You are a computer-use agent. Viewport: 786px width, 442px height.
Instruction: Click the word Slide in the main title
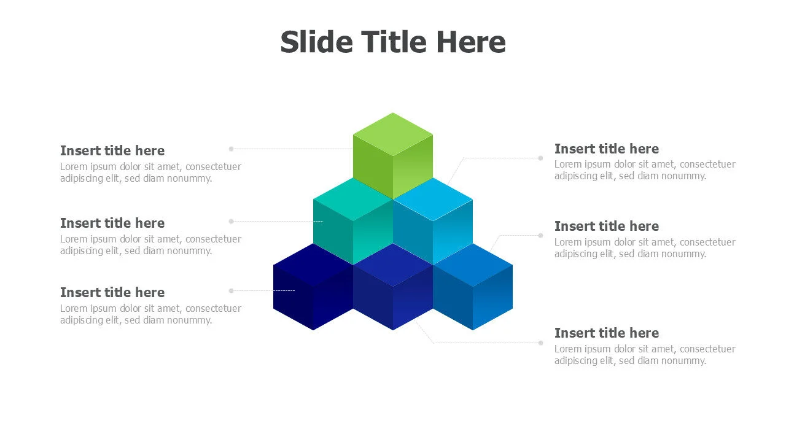tap(316, 42)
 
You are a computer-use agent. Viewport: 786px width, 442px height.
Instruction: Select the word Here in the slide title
tap(471, 42)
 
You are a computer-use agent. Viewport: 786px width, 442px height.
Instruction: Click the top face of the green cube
tap(393, 134)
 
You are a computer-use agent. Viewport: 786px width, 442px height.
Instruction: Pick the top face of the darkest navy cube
tap(313, 265)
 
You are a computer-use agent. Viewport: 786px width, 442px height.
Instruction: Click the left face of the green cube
tap(373, 166)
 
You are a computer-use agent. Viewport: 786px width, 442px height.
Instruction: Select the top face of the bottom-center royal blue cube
tap(393, 265)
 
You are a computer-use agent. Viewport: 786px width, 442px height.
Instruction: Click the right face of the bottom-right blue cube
tap(492, 298)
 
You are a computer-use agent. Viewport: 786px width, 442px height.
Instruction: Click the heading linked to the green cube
tap(112, 150)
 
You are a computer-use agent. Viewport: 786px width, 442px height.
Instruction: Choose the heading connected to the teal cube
tap(112, 223)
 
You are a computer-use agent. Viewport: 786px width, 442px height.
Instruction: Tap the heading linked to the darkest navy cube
tap(112, 293)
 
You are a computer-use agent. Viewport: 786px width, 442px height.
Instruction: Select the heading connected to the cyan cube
tap(606, 149)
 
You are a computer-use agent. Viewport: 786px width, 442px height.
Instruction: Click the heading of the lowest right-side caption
tap(606, 333)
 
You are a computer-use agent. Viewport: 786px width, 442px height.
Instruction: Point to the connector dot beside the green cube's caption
tap(232, 149)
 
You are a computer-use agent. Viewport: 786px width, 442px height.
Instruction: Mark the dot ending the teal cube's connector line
tap(232, 222)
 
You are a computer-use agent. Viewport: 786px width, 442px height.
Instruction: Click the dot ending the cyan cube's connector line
tap(541, 158)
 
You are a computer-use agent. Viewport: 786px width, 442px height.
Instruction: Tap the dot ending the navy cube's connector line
tap(232, 291)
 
